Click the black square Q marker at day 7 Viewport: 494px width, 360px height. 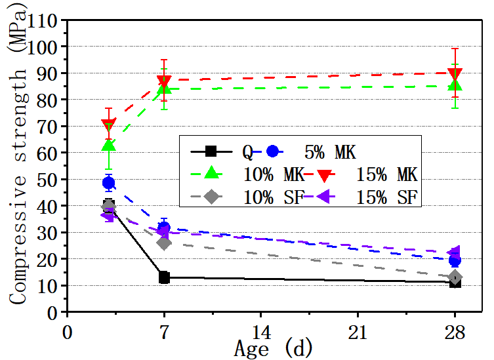coord(164,277)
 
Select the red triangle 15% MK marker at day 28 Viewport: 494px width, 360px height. coord(455,74)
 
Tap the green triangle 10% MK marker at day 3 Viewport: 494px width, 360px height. coord(109,145)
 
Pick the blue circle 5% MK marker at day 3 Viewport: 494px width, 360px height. coord(109,183)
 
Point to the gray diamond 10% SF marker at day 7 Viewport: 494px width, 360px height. coord(164,243)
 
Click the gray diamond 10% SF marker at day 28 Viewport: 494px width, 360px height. coord(455,277)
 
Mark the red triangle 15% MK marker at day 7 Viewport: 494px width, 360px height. coord(164,81)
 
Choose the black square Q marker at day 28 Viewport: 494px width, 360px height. coord(455,282)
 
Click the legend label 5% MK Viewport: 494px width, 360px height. coord(329,152)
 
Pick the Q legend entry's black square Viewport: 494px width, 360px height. coord(211,151)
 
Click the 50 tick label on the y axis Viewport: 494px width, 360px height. coord(49,180)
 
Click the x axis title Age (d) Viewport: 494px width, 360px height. coord(274,347)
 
